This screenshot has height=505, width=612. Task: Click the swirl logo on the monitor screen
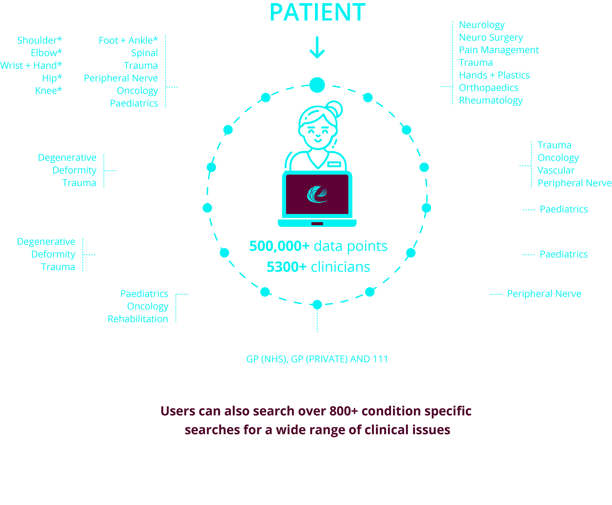click(x=317, y=194)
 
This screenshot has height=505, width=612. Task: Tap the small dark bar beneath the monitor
click(x=317, y=224)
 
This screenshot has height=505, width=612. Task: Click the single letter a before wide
click(x=268, y=430)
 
